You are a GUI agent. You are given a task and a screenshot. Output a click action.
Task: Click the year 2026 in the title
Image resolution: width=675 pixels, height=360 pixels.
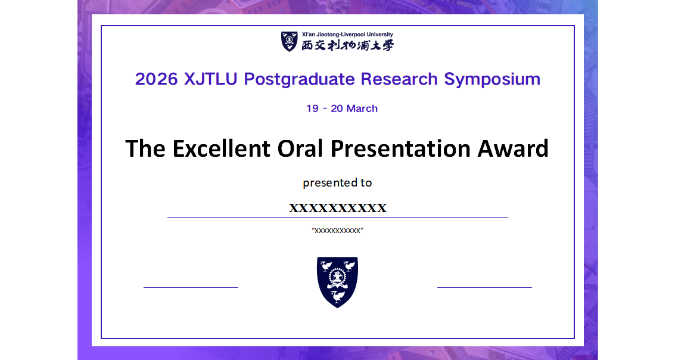click(x=156, y=79)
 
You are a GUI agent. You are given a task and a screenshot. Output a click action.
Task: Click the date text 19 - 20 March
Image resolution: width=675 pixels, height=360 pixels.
click(x=342, y=108)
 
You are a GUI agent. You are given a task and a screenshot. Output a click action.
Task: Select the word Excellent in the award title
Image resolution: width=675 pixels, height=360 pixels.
click(x=221, y=148)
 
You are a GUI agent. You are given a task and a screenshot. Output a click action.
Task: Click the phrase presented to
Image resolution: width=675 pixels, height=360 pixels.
click(x=337, y=182)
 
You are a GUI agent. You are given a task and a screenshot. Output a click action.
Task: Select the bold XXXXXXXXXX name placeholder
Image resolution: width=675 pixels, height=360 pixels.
click(x=338, y=208)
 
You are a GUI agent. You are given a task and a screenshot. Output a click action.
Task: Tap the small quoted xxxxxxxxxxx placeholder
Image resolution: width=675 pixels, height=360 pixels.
click(x=338, y=231)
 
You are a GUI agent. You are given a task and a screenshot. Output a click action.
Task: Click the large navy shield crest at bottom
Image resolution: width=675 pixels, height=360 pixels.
click(x=337, y=281)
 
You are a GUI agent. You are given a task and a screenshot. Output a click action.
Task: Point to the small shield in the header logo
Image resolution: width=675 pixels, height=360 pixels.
click(x=289, y=41)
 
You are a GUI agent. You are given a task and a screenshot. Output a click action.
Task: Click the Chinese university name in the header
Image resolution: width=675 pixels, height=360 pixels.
click(x=347, y=45)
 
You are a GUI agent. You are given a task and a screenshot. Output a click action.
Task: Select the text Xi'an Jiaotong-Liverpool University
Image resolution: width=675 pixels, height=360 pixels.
click(x=347, y=35)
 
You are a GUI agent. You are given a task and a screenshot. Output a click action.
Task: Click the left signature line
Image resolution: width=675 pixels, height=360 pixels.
click(x=191, y=287)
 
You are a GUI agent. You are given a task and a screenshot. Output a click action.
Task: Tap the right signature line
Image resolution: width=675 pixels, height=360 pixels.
click(x=484, y=287)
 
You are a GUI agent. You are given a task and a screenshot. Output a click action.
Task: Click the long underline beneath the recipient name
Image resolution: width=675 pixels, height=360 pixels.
click(x=337, y=218)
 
